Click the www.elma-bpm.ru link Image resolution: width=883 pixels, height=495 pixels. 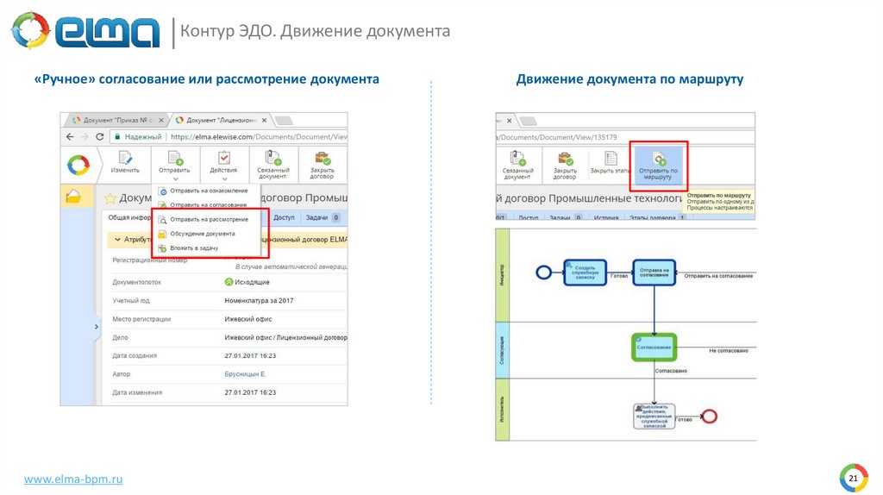pos(72,479)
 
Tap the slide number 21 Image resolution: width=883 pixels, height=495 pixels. pos(853,479)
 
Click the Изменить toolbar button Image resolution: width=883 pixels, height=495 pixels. pos(125,163)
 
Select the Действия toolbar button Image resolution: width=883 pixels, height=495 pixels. pos(223,163)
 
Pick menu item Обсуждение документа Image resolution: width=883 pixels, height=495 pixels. pos(202,234)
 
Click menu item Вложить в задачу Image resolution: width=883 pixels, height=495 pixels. pos(193,247)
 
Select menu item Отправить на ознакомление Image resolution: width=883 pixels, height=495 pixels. pos(208,191)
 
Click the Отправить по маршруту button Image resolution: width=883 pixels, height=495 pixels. pos(658,164)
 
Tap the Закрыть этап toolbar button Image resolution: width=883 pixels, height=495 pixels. pos(610,163)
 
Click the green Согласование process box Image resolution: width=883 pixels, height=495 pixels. pos(654,347)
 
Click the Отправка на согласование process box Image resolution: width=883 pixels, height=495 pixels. pos(654,272)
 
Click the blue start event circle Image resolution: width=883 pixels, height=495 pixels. pos(543,273)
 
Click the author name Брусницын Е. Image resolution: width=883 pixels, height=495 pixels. pos(245,374)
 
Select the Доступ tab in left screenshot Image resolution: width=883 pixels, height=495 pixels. pos(284,218)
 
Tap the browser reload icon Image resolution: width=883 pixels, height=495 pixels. pos(99,136)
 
